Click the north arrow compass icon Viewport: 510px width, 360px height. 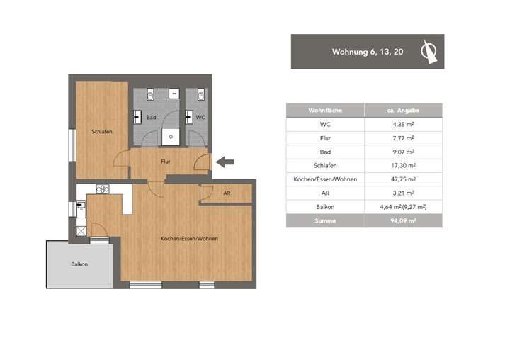click(x=428, y=52)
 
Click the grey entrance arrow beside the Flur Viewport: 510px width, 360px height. click(x=225, y=162)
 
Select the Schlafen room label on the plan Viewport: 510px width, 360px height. click(x=101, y=132)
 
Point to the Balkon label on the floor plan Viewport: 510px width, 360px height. click(x=79, y=264)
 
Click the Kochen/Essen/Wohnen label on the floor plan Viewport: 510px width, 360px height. click(x=189, y=239)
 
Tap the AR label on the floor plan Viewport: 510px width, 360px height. click(x=227, y=193)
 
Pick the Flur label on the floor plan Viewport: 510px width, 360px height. click(x=165, y=162)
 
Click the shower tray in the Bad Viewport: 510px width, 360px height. click(x=171, y=137)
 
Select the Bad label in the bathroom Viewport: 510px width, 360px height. click(x=151, y=117)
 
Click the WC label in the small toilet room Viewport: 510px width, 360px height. click(x=200, y=117)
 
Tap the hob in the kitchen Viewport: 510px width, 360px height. click(x=102, y=189)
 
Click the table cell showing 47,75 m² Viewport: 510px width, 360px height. click(x=402, y=179)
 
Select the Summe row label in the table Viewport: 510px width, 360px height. click(x=324, y=220)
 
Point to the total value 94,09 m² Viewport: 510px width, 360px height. click(x=402, y=220)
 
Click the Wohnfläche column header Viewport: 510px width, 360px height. click(x=324, y=111)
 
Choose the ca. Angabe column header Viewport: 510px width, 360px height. click(x=402, y=111)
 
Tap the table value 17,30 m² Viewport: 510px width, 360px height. click(x=402, y=166)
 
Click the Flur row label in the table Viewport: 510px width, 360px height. click(x=324, y=138)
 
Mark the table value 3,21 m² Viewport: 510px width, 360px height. click(x=402, y=193)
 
